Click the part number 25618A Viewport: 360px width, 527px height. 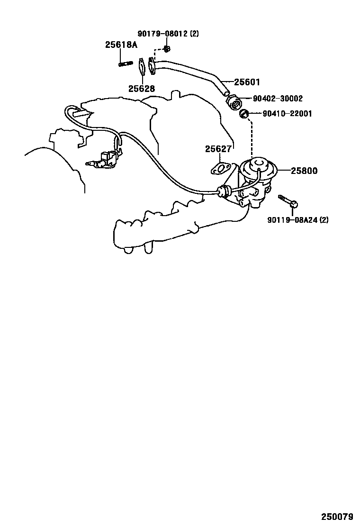click(x=121, y=45)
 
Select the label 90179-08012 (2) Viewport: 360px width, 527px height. click(x=168, y=34)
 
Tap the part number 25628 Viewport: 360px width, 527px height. click(x=141, y=88)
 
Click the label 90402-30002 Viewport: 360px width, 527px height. click(x=278, y=99)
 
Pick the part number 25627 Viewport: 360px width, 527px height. click(x=218, y=149)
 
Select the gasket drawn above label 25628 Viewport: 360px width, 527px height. click(x=141, y=66)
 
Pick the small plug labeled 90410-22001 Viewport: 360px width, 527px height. click(x=244, y=114)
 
